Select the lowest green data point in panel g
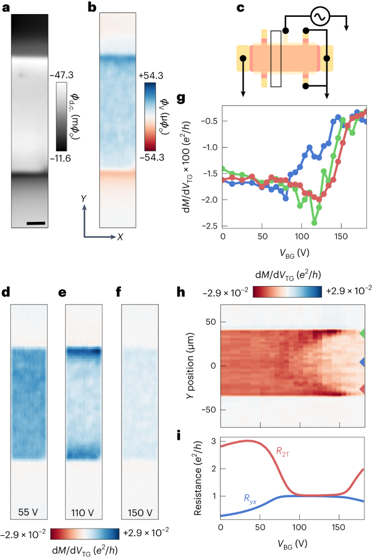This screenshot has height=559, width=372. pos(314,223)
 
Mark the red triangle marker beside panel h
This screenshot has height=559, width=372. pos(363,389)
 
